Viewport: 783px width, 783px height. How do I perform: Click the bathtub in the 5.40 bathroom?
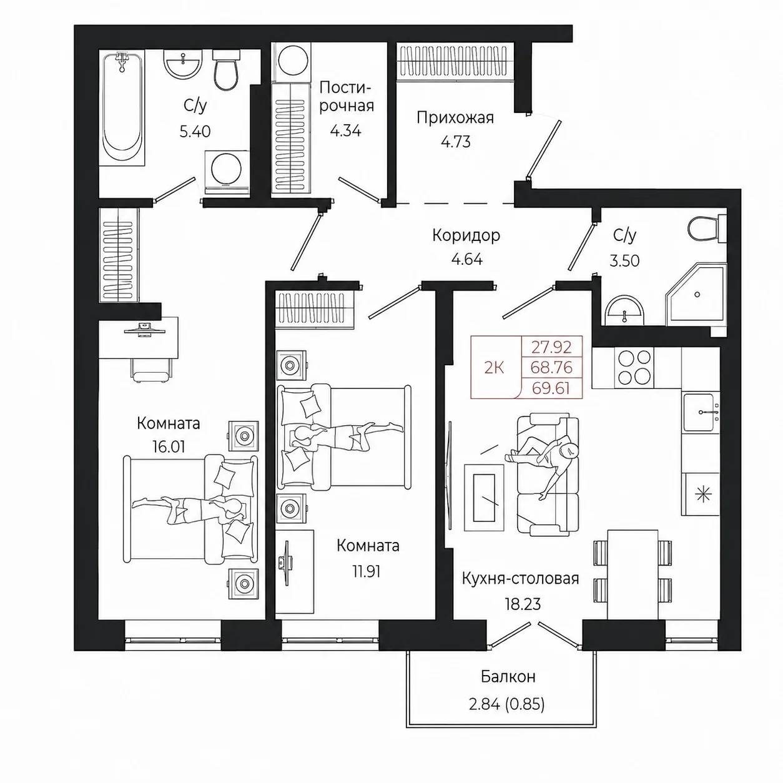tap(122, 107)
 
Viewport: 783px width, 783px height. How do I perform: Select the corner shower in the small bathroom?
tap(696, 294)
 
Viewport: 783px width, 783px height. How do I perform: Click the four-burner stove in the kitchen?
tap(634, 368)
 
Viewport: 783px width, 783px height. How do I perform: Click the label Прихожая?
tap(455, 118)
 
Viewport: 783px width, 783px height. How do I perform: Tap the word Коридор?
tap(466, 235)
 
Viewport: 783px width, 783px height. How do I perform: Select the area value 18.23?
tap(523, 604)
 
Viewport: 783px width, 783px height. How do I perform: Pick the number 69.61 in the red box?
tap(551, 389)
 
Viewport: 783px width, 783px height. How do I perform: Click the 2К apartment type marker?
tap(494, 368)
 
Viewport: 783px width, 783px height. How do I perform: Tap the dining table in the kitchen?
tap(633, 574)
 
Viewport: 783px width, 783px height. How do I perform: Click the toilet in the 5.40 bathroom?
tap(225, 70)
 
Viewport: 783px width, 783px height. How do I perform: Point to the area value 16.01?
tap(169, 447)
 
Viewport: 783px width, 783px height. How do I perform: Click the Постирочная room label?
tap(346, 97)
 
